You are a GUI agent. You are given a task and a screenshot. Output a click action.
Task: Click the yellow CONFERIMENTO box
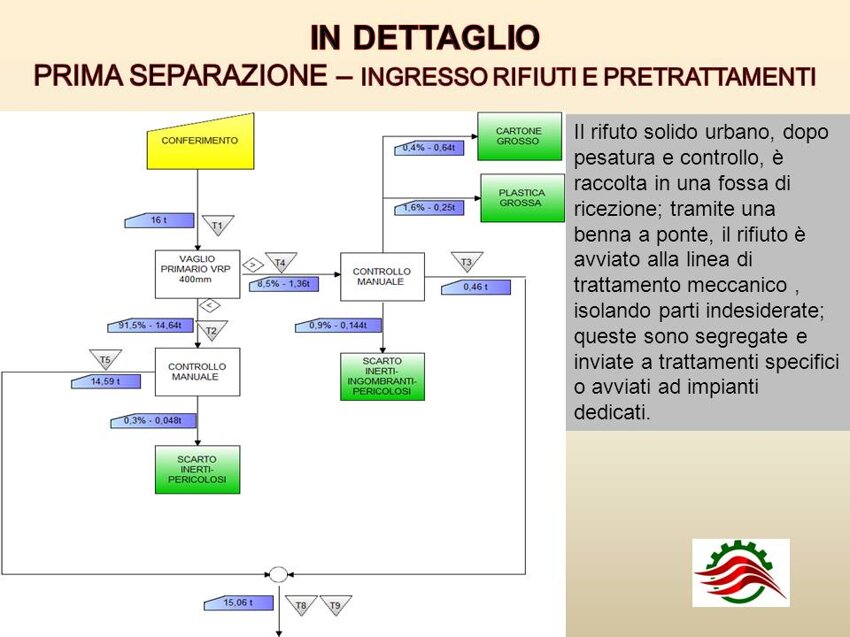[200, 142]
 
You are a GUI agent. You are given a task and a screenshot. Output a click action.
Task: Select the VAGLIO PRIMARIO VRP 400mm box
[197, 274]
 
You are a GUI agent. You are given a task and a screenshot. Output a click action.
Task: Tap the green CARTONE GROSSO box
[519, 136]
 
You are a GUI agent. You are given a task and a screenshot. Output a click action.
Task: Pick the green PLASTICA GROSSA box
[522, 198]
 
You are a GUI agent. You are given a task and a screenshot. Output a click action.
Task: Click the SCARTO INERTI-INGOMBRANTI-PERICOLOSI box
[382, 377]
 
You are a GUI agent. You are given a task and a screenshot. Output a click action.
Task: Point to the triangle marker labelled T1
[218, 224]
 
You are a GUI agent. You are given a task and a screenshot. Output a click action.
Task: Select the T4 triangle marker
[280, 262]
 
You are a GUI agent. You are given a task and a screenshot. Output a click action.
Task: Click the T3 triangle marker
[467, 262]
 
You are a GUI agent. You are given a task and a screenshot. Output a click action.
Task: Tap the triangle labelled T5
[105, 359]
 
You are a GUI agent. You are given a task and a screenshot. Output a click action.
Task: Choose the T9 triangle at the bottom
[336, 605]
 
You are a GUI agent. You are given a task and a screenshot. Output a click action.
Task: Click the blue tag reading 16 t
[159, 220]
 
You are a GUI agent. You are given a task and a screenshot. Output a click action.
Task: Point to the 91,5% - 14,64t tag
[150, 325]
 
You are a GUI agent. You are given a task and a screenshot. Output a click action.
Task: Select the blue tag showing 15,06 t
[239, 603]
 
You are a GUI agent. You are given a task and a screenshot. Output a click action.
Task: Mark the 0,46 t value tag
[476, 287]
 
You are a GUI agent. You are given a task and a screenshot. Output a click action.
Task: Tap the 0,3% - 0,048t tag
[153, 421]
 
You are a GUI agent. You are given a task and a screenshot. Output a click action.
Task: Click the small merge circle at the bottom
[278, 574]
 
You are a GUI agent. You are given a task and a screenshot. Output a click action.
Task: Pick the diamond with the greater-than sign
[253, 265]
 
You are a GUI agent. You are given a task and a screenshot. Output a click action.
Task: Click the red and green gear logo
[740, 572]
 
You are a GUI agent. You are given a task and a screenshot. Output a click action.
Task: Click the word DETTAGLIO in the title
[446, 38]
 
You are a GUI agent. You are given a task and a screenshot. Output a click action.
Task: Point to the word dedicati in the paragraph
[611, 413]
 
